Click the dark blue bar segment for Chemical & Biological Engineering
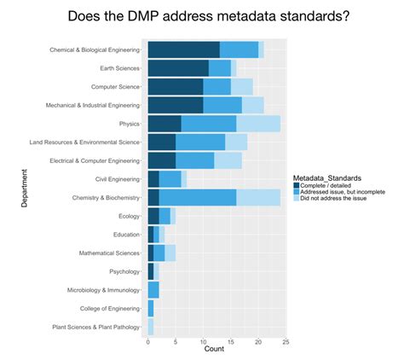coord(183,49)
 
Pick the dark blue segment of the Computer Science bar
coord(176,86)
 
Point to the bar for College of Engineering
coord(151,308)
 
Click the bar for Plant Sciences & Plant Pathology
coord(151,326)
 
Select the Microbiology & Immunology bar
coord(153,289)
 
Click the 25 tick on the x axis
coord(286,341)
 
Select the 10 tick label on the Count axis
coord(203,341)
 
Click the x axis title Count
coord(216,350)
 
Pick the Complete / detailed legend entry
coord(332,185)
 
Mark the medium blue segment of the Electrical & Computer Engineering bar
coord(194,160)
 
